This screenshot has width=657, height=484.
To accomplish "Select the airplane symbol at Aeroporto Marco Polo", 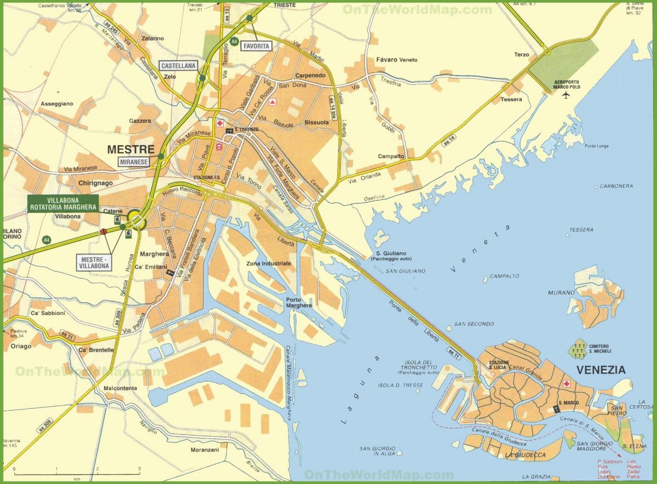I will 566,94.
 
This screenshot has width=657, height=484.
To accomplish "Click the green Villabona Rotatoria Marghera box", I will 63,203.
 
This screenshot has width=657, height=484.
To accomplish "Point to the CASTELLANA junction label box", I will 178,66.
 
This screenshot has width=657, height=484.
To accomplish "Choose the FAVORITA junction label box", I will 257,47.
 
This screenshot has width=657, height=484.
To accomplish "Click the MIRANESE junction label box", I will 134,161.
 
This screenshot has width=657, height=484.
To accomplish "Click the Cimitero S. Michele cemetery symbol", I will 577,348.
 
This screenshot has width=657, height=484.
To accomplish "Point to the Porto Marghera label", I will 298,302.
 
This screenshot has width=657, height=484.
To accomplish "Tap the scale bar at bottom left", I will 77,470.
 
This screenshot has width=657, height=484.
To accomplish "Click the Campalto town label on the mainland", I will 391,156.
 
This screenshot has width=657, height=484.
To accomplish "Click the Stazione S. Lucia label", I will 499,365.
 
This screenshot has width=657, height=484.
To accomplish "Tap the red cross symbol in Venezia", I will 567,384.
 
